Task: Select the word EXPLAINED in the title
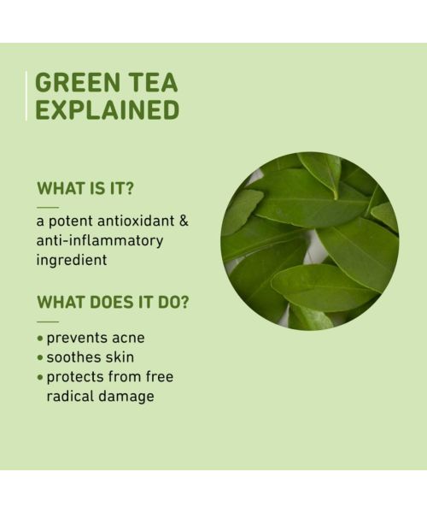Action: click(108, 110)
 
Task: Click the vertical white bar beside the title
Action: click(27, 96)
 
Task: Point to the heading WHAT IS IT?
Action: click(85, 189)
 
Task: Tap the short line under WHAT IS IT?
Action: click(48, 207)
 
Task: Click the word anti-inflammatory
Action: click(100, 240)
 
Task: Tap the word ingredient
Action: click(72, 260)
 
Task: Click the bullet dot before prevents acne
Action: click(40, 339)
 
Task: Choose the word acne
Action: click(126, 338)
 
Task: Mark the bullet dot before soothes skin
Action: click(40, 358)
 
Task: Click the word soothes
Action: click(74, 357)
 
